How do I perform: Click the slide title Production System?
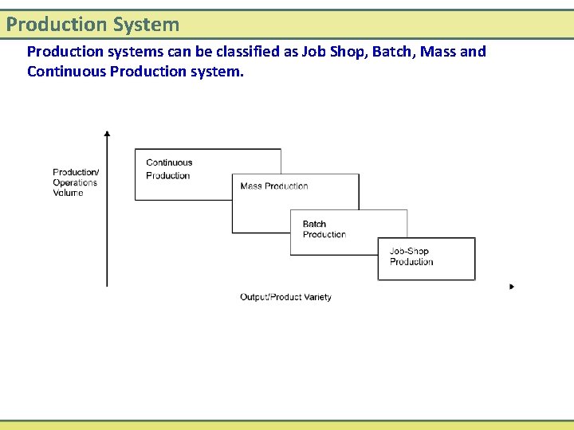(92, 25)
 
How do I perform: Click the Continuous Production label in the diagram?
(169, 169)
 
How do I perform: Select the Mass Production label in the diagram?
(273, 186)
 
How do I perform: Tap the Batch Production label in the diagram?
(324, 229)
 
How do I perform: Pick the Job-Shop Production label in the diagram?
(411, 256)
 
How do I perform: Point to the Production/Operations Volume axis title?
(76, 182)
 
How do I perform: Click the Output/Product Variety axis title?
(285, 297)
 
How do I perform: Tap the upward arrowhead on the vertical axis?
(107, 134)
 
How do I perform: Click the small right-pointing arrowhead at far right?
(512, 287)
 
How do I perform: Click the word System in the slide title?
(147, 25)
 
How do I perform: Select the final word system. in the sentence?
(218, 72)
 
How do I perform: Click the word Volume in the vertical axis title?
(68, 193)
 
